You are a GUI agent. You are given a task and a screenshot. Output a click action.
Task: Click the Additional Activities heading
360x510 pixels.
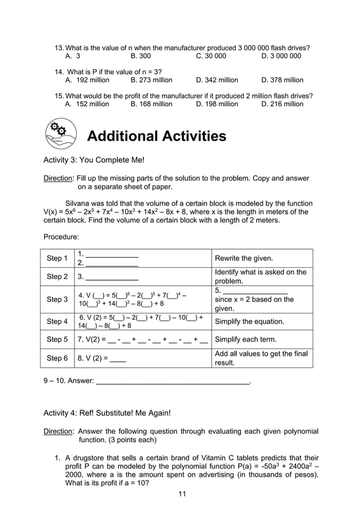[x=156, y=136]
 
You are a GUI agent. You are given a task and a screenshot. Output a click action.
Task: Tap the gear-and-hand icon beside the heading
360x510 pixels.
[x=60, y=134]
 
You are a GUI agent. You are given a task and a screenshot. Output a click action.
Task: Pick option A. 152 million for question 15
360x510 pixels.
[x=87, y=104]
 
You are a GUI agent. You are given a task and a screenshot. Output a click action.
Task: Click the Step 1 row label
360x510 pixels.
[x=57, y=258]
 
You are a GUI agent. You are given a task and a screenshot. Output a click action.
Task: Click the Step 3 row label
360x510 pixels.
[x=57, y=299]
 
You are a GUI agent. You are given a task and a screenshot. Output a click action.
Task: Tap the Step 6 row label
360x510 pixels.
[x=57, y=358]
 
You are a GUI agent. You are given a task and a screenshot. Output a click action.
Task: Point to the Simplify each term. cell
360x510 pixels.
[x=245, y=339]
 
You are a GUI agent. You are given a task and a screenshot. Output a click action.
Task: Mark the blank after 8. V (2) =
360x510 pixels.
[x=118, y=359]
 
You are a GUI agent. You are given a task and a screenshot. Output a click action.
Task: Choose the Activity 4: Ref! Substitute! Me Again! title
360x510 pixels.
[x=107, y=413]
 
